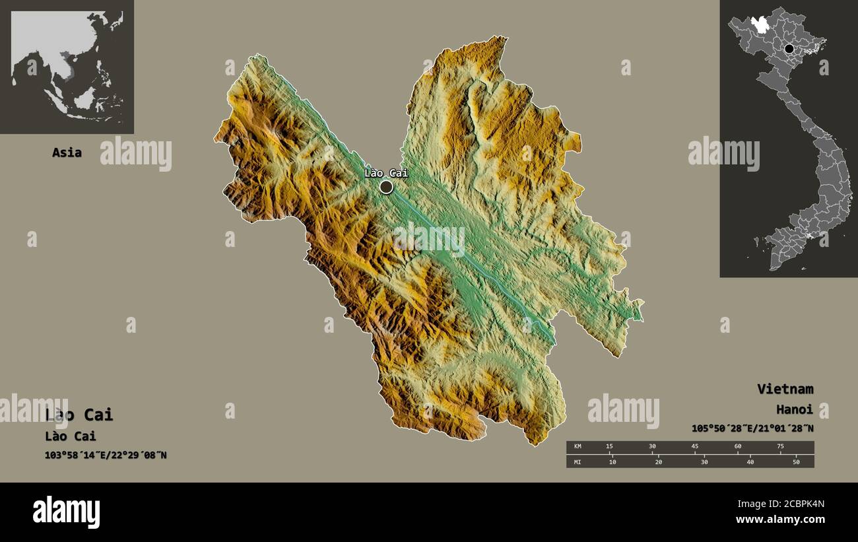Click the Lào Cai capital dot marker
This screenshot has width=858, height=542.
coord(386,187)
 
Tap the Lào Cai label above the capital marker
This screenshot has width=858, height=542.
coord(386,173)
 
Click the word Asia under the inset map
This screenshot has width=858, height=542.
coord(67,152)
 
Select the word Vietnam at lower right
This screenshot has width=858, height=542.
coord(785,389)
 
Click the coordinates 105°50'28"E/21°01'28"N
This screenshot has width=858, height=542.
coord(752,428)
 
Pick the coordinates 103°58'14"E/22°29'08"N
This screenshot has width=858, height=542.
coord(106,455)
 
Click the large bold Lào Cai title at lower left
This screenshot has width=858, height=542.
coord(79,415)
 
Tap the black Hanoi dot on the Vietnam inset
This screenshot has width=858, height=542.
coord(789,48)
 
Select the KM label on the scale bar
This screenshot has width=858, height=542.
coord(578,447)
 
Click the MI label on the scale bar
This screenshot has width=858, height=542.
coord(578,461)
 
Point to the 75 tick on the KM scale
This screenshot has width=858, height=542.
coord(780,447)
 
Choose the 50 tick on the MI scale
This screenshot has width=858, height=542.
coord(796,461)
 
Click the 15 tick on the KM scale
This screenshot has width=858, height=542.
coord(609,447)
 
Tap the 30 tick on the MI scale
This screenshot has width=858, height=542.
coord(704,461)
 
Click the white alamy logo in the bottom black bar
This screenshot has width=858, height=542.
coord(67,512)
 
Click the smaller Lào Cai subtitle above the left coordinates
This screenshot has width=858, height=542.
coord(71,436)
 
